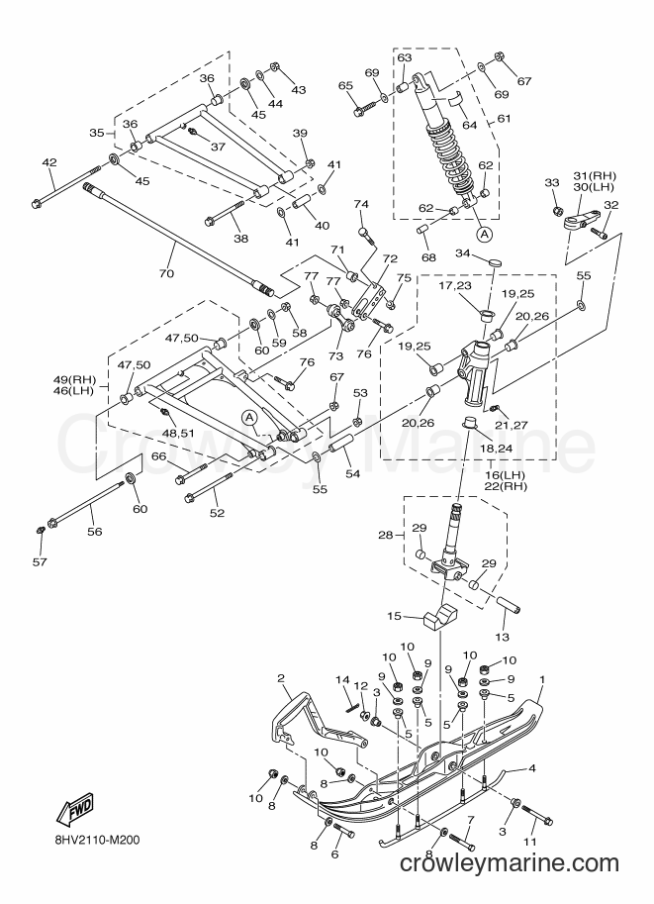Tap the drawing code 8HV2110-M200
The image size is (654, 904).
click(x=93, y=840)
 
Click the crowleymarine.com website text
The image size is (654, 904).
click(x=509, y=863)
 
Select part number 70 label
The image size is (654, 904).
click(x=166, y=273)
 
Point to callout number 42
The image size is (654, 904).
click(x=49, y=162)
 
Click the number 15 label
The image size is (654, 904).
click(x=394, y=616)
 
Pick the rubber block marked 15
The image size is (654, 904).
click(x=440, y=617)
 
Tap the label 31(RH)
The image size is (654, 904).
click(x=594, y=176)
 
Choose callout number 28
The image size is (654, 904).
click(x=385, y=535)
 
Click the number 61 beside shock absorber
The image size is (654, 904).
click(x=504, y=119)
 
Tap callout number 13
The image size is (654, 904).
click(x=503, y=637)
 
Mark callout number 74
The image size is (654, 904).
click(x=361, y=204)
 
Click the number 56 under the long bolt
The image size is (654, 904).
click(x=94, y=531)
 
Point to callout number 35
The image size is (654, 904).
click(x=97, y=134)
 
